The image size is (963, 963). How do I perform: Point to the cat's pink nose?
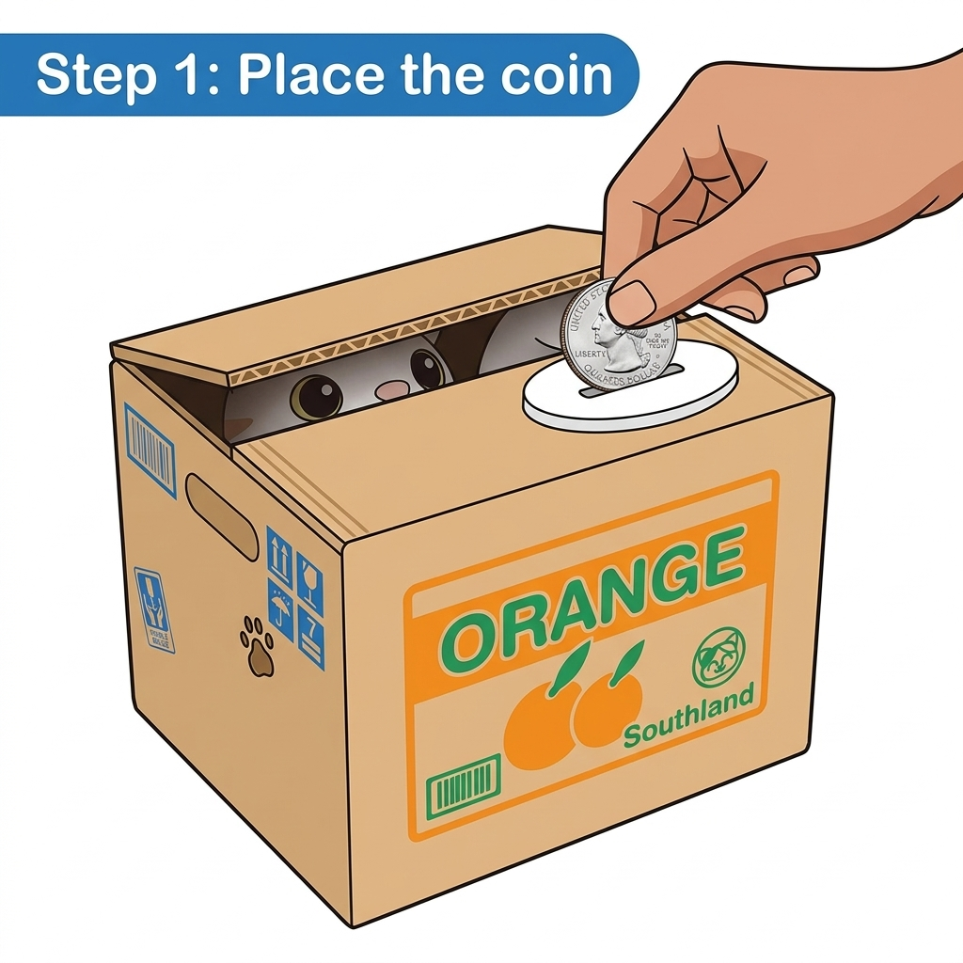click(x=389, y=388)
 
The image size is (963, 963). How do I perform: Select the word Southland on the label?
click(x=688, y=720)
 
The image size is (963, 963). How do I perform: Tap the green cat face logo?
click(x=718, y=657)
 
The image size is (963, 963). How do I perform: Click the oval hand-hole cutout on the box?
click(x=221, y=516)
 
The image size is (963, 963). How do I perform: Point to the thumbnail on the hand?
click(x=632, y=301)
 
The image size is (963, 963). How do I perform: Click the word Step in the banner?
click(x=93, y=75)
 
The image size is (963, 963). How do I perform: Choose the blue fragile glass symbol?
click(x=309, y=575)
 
